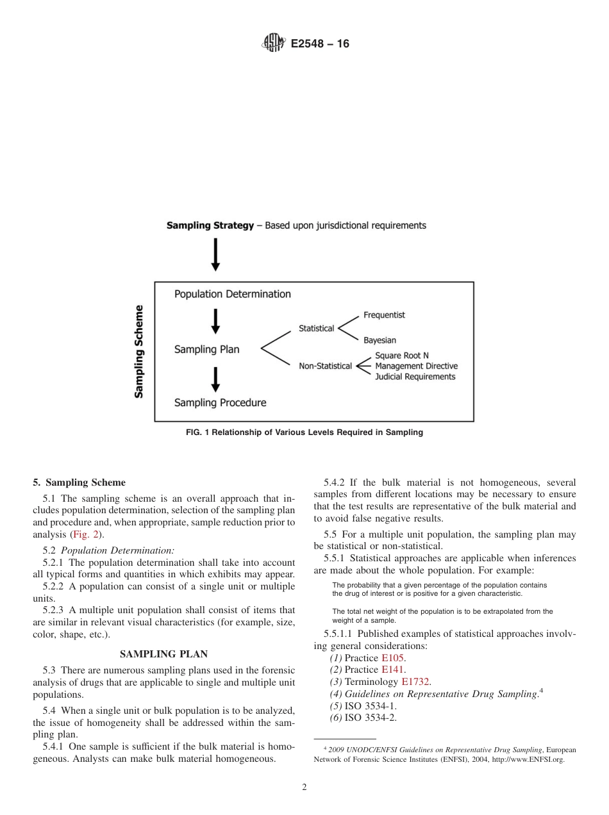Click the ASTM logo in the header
click(273, 44)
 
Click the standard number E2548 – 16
click(320, 44)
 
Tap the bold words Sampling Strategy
click(210, 226)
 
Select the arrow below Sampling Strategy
click(216, 254)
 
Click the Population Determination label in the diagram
click(232, 294)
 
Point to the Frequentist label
click(384, 315)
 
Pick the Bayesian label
click(380, 340)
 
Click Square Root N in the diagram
click(402, 356)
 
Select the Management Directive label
click(416, 366)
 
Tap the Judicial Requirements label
click(415, 377)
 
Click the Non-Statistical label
click(325, 366)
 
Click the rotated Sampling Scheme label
click(138, 351)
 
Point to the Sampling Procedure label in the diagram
click(220, 403)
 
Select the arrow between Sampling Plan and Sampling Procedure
click(216, 379)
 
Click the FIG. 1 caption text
click(304, 432)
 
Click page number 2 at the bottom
click(304, 787)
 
